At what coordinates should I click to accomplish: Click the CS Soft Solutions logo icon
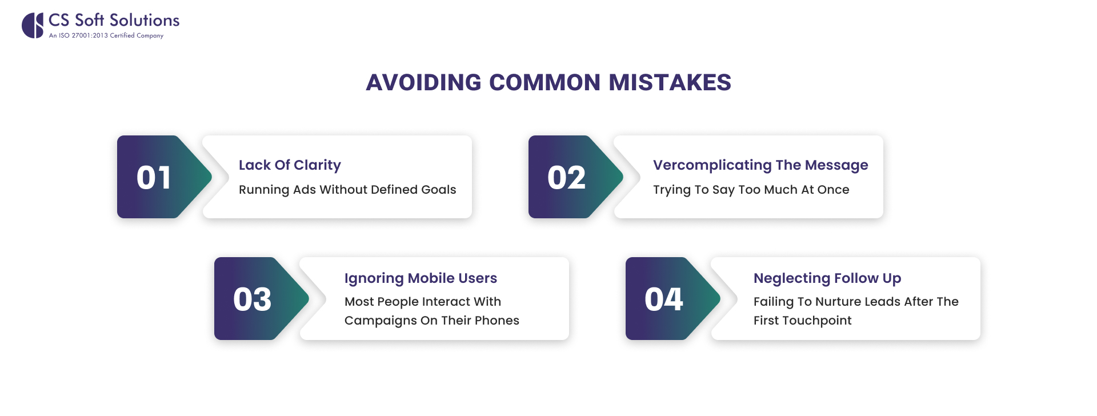pos(33,26)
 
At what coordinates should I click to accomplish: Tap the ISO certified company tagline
pos(106,35)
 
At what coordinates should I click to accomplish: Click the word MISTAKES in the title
pos(670,83)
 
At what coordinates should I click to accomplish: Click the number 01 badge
pos(154,178)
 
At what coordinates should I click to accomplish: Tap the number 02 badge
pos(566,178)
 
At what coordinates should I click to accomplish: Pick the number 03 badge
pos(252,299)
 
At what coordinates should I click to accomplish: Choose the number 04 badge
pos(663,299)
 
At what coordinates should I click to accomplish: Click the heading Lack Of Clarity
pos(290,165)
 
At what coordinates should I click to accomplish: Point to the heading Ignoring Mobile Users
pos(421,278)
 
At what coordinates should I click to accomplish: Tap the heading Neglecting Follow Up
pos(827,278)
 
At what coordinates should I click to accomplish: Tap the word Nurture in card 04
pos(836,302)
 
